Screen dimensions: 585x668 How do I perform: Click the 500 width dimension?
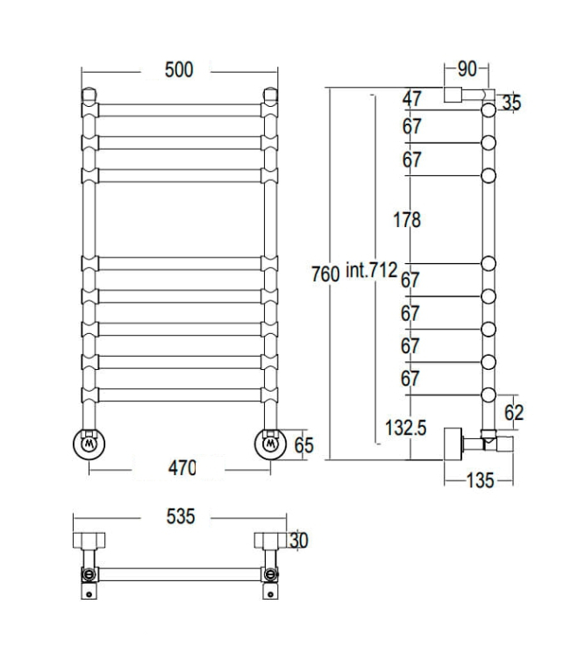point(179,69)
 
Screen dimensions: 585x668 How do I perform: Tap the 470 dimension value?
point(182,468)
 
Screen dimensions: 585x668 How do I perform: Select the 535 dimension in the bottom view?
point(181,516)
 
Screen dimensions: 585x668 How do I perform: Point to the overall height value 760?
point(325,274)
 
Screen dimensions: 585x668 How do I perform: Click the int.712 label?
point(372,270)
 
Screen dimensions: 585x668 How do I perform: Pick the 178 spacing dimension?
point(407,220)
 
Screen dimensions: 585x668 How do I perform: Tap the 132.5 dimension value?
point(405,427)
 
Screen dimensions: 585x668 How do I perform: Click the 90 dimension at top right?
point(467,69)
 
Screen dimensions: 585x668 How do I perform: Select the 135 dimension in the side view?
point(480,480)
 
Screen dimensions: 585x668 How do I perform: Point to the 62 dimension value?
point(514,412)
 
